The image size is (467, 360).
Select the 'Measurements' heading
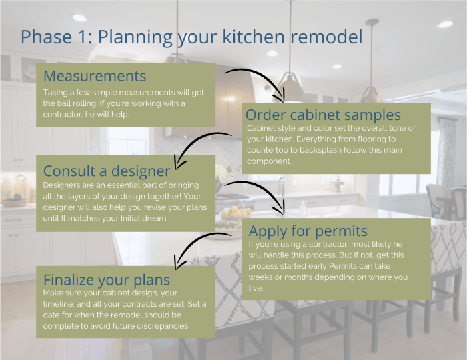click(94, 75)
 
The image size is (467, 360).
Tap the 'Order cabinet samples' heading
click(323, 114)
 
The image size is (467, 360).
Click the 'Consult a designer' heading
click(107, 170)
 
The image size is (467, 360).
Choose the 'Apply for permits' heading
click(308, 231)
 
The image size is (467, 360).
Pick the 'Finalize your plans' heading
click(107, 279)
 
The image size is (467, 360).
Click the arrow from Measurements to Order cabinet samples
click(260, 80)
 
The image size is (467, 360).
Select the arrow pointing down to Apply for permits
click(257, 190)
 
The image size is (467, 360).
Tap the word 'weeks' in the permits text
click(263, 277)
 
